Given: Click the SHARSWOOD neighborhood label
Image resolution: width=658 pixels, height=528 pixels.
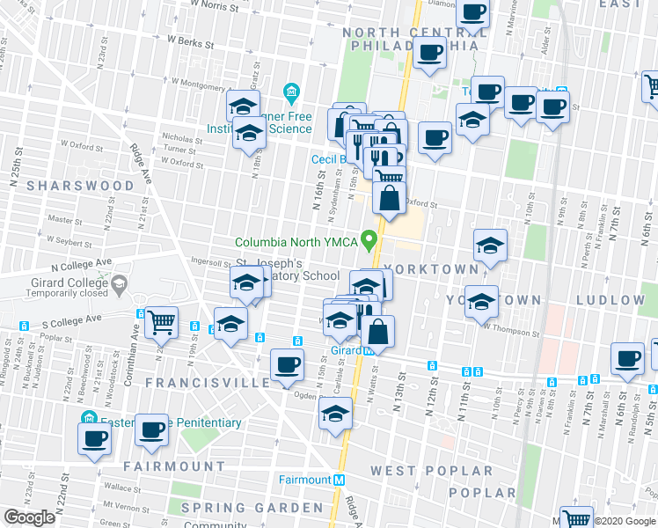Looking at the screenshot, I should (x=80, y=186).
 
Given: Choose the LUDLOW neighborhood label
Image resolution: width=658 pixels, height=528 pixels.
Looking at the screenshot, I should (x=610, y=300).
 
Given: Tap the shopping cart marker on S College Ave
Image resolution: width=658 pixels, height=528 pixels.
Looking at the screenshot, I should (x=162, y=323).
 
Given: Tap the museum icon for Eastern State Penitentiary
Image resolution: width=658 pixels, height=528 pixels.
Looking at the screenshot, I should (x=88, y=416).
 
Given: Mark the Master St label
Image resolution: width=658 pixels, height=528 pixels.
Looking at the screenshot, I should (x=65, y=219).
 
